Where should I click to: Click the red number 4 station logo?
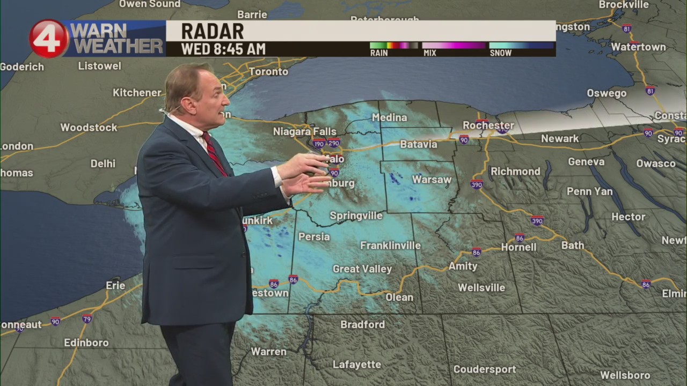click(48, 38)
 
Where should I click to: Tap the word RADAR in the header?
click(212, 31)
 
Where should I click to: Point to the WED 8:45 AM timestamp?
click(223, 49)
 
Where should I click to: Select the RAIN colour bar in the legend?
click(393, 46)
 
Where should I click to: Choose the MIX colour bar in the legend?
click(454, 46)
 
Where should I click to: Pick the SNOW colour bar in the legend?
click(521, 46)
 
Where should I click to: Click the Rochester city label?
click(488, 125)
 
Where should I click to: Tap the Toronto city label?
click(268, 71)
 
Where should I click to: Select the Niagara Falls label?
click(304, 131)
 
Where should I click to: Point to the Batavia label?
click(419, 144)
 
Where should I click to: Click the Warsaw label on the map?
click(432, 180)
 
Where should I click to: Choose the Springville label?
click(356, 216)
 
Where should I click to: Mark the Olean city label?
click(399, 297)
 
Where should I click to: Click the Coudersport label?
click(484, 369)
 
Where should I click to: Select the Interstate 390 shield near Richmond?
click(477, 184)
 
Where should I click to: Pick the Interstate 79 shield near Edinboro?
click(87, 319)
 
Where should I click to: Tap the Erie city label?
click(115, 285)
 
